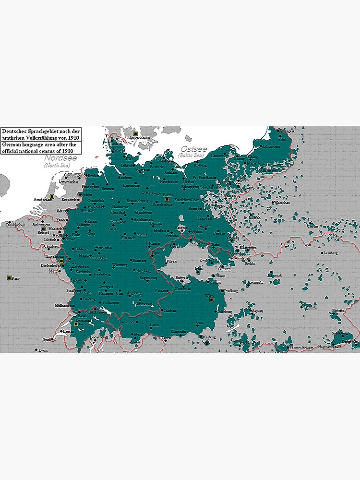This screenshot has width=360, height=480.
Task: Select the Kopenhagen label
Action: (141, 137)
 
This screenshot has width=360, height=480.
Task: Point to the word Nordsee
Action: (60, 158)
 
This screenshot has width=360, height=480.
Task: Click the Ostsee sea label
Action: (194, 149)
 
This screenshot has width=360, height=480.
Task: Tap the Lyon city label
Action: (43, 350)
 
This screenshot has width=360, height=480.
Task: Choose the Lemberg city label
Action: (331, 252)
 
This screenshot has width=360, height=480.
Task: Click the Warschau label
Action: (283, 203)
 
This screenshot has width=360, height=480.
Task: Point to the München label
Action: (144, 304)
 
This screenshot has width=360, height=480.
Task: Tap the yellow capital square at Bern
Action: (76, 324)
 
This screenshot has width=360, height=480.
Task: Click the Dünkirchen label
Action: (15, 225)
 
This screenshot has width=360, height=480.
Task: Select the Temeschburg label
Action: (301, 347)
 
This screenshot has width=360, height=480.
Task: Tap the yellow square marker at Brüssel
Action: (42, 229)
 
